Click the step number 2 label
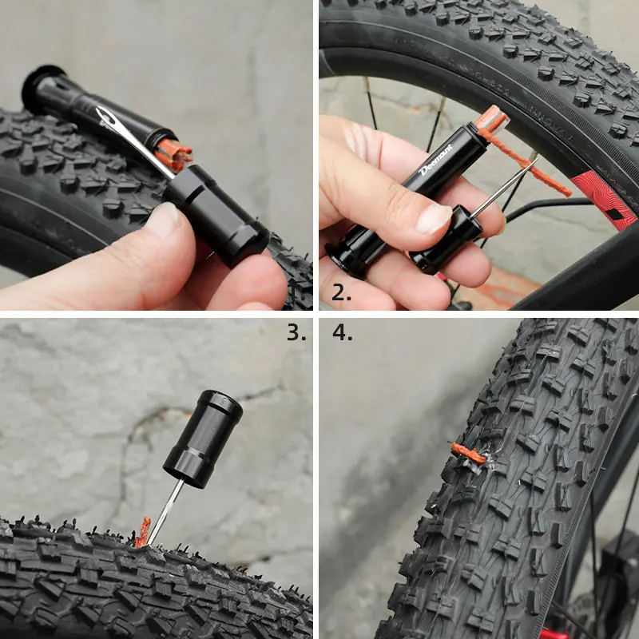pos(341,292)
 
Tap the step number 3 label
pos(296,332)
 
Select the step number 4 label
pos(343,332)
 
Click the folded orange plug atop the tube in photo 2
pos(490,120)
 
